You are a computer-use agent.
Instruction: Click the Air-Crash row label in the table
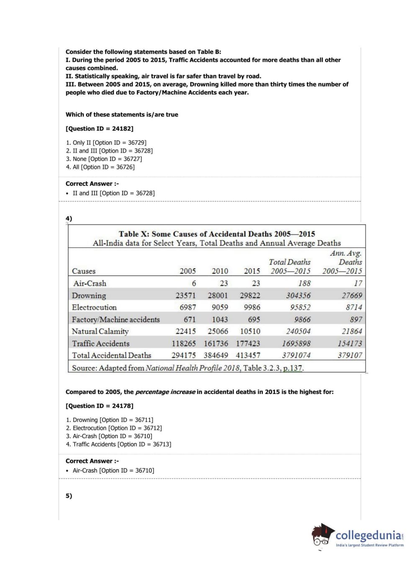tap(90, 283)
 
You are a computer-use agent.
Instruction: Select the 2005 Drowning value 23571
tap(185, 296)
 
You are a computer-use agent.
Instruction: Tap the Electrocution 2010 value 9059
tap(220, 307)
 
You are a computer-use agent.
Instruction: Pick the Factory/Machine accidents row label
tap(116, 319)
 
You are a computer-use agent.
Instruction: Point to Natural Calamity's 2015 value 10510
tap(250, 331)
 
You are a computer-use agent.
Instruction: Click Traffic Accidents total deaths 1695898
tap(296, 343)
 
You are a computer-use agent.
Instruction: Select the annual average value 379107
tap(350, 355)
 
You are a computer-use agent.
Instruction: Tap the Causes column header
tap(84, 271)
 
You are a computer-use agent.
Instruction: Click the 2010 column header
tap(220, 271)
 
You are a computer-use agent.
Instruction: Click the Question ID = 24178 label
tap(100, 406)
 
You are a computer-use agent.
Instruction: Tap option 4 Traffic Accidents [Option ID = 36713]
tap(118, 444)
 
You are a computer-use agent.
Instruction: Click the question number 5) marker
tap(69, 496)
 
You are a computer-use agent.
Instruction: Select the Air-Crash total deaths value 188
tap(304, 283)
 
